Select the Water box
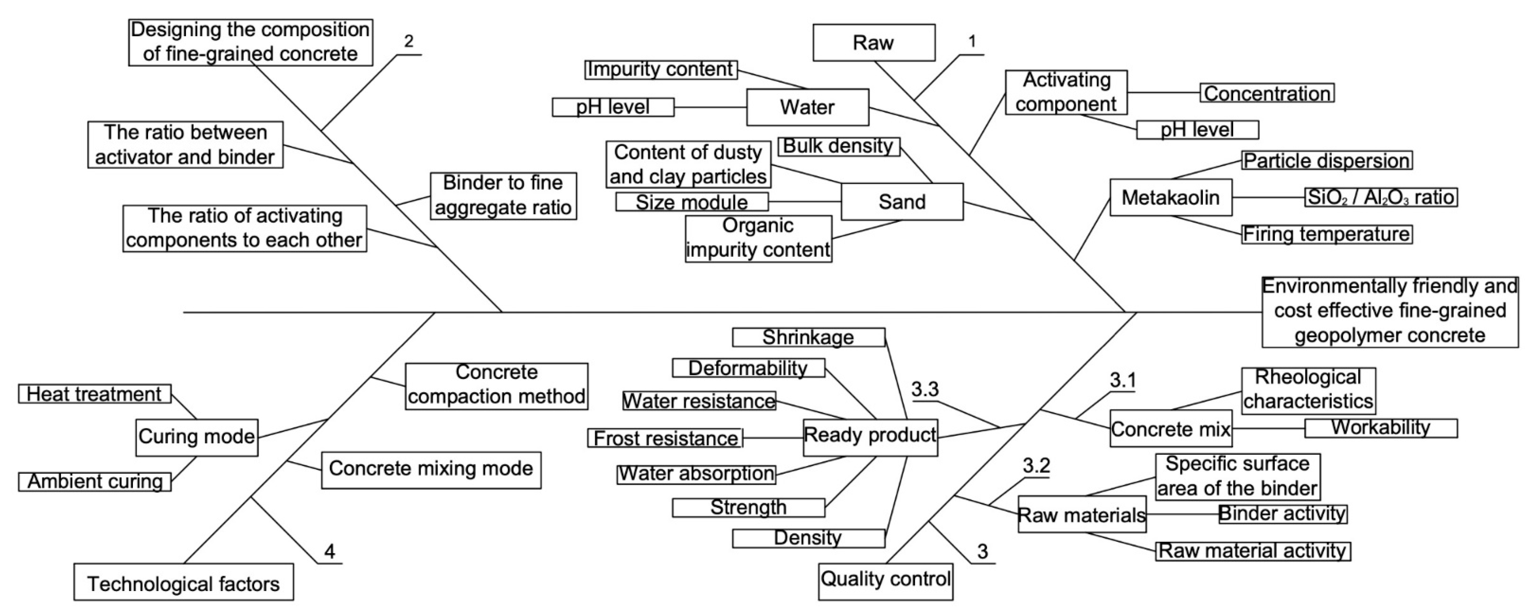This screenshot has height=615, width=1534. click(807, 107)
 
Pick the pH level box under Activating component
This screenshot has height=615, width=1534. click(1197, 130)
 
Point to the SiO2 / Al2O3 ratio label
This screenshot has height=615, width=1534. click(1380, 197)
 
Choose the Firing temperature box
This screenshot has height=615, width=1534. click(1326, 234)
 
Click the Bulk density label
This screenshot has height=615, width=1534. click(838, 146)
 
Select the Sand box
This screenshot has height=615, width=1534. click(901, 202)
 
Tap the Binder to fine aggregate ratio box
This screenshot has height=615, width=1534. click(503, 195)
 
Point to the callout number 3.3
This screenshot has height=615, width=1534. click(925, 390)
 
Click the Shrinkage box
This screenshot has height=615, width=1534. click(808, 337)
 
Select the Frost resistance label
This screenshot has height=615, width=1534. click(665, 438)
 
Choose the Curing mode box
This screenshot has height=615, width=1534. click(196, 437)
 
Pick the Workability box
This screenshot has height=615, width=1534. click(1380, 428)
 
